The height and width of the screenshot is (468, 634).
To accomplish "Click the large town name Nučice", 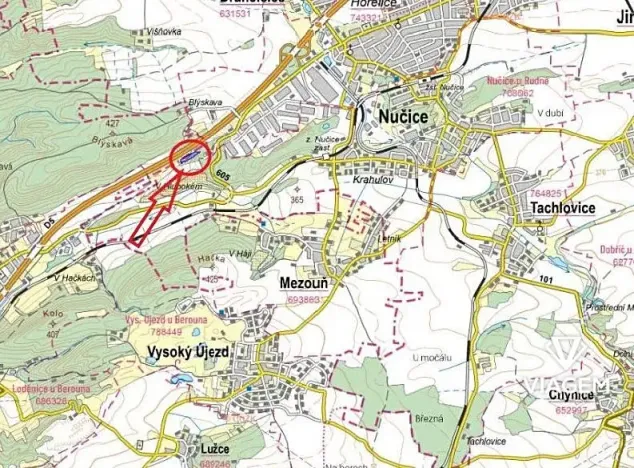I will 403,118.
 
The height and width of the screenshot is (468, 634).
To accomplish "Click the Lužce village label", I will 217,451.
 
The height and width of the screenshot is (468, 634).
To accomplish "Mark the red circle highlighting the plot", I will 190,156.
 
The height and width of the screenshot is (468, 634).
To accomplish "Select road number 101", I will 545,277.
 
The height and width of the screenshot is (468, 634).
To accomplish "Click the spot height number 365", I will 296,200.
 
